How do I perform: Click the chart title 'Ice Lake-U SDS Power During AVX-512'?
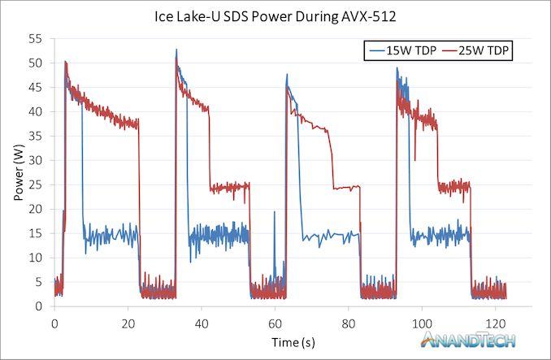point(275,15)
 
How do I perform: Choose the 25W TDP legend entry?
point(484,50)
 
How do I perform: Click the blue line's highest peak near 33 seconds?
point(176,50)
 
